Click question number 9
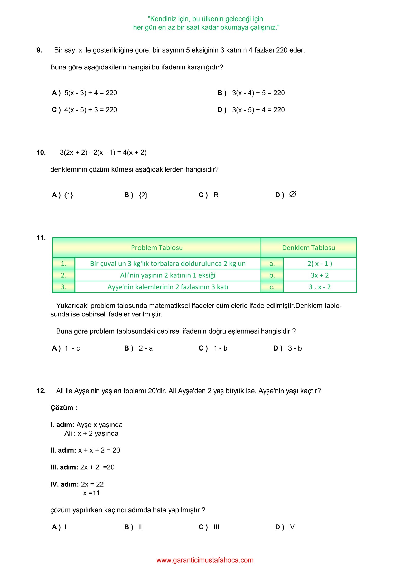click(x=39, y=50)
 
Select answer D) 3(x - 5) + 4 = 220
click(x=251, y=110)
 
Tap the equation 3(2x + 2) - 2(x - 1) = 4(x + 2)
click(x=103, y=153)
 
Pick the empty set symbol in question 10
click(x=293, y=194)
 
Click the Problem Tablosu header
click(x=157, y=248)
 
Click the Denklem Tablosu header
click(x=309, y=248)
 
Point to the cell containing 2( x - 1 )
click(x=320, y=264)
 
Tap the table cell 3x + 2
click(x=320, y=275)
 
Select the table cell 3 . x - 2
click(x=320, y=287)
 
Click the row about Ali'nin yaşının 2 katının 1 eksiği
click(x=168, y=275)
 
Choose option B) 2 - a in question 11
click(x=138, y=348)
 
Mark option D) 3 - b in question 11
click(x=287, y=348)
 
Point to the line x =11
click(x=91, y=493)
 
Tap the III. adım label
click(x=64, y=467)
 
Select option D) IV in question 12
click(x=285, y=527)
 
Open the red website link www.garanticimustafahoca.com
click(x=205, y=560)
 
